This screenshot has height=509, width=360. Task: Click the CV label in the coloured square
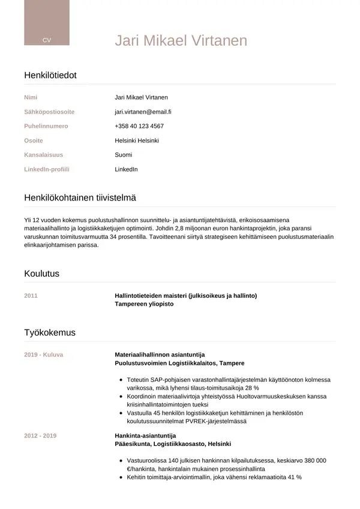coord(46,40)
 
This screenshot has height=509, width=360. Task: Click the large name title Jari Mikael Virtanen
coord(181,40)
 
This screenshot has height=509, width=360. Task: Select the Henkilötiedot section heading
coord(50,75)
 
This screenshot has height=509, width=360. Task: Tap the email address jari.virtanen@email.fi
coord(143,112)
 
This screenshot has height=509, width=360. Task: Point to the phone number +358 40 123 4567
coord(139,126)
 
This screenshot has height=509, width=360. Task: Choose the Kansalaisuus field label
coord(43,155)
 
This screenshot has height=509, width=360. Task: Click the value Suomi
coord(123,155)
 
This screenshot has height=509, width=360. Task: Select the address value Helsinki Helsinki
coord(136,140)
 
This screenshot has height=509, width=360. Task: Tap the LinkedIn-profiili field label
coord(46,169)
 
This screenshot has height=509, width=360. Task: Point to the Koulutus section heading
coord(41,274)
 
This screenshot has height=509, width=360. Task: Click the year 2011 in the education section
coord(31,295)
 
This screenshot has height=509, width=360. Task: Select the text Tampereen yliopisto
coord(143,304)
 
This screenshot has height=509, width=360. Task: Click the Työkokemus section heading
coord(49,333)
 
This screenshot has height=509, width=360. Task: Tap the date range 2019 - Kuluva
coord(43,355)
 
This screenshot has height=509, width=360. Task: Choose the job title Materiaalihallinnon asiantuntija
coord(160,355)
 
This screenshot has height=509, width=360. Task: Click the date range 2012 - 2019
coord(40,435)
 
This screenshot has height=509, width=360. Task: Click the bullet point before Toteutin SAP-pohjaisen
coord(122,380)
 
